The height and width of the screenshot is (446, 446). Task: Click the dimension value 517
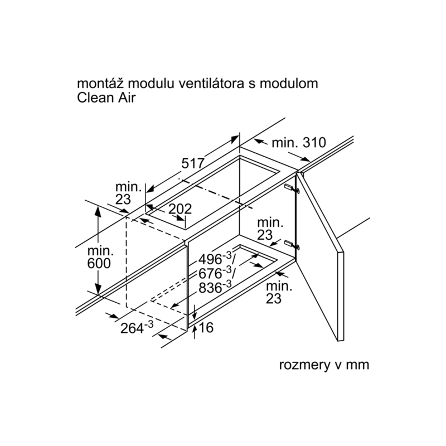193,163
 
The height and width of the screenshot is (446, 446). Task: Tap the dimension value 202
180,209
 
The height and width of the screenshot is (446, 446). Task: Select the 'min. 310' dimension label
299,143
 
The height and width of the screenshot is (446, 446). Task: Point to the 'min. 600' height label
99,258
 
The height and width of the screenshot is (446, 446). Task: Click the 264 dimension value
137,327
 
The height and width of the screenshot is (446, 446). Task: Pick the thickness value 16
206,327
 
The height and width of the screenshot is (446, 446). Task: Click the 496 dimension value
215,259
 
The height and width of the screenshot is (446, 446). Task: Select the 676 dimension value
215,273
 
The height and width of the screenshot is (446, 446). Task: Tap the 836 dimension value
215,287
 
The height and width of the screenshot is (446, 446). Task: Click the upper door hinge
292,188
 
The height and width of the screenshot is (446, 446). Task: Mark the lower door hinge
292,244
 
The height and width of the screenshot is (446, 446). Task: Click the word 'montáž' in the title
101,84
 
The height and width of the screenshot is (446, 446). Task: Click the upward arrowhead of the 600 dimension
98,211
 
